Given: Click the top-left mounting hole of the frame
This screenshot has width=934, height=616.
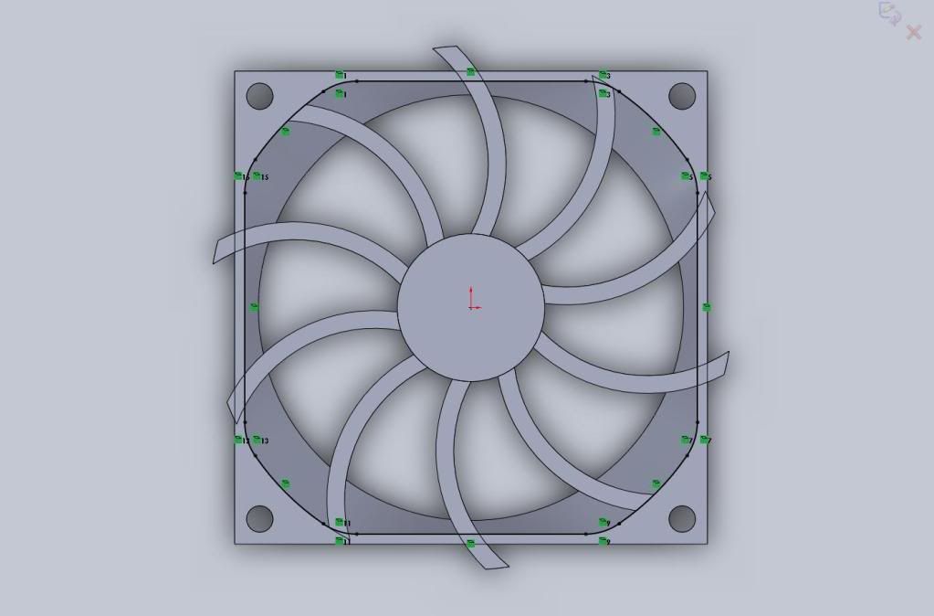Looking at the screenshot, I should click(260, 95).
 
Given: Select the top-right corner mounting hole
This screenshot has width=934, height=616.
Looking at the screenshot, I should click(682, 95).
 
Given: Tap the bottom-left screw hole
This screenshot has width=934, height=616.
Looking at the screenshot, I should click(260, 518).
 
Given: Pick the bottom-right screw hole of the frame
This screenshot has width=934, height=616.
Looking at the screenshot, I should click(682, 518).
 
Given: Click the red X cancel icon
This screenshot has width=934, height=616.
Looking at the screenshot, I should click(913, 33).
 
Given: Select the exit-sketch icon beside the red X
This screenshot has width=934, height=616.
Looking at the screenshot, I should click(889, 13).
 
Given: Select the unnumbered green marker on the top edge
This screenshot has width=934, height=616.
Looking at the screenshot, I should click(471, 71).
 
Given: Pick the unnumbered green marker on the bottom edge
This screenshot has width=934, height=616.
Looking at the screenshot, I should click(471, 544).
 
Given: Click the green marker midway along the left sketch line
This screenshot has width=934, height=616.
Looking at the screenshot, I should click(255, 307).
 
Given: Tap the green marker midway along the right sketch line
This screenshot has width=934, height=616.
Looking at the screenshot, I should click(706, 307).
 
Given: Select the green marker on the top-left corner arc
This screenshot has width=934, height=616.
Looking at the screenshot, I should click(286, 132).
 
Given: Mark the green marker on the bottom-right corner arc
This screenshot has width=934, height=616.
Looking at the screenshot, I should click(656, 483).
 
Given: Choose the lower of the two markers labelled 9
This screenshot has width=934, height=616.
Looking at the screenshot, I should click(603, 541).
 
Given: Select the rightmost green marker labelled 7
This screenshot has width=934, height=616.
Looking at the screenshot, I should click(705, 440).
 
